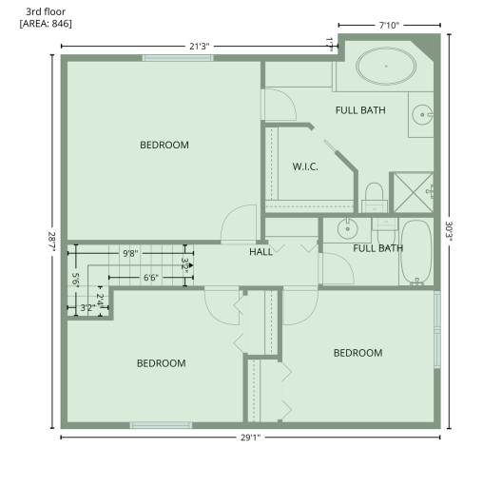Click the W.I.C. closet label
[305, 166]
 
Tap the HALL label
[261, 252]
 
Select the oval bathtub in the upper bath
[386, 67]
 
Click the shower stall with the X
[413, 192]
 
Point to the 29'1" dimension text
[250, 438]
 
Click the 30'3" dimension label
[449, 231]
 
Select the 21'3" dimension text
[200, 47]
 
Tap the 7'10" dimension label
[389, 25]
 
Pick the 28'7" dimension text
[52, 242]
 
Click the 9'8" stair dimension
[130, 253]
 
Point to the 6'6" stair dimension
[151, 278]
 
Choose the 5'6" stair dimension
[75, 280]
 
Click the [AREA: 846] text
[46, 24]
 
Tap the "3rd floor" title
[46, 11]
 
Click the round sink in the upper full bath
[422, 115]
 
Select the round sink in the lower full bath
[348, 228]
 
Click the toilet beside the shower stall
[375, 197]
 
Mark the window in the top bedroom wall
[178, 58]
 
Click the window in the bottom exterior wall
[161, 425]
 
